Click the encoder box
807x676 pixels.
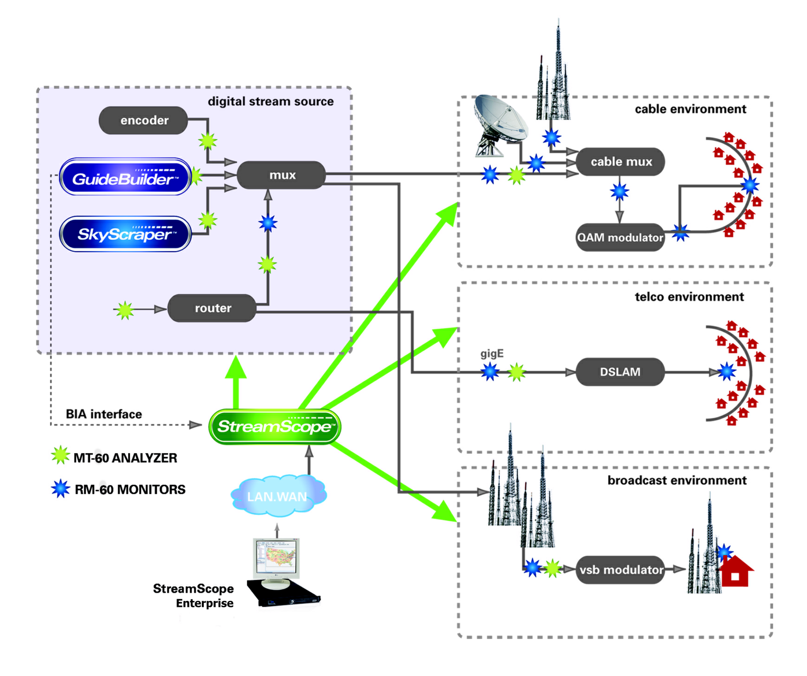pyautogui.click(x=143, y=120)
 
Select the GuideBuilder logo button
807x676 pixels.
pyautogui.click(x=125, y=177)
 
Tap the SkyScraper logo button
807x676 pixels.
pyautogui.click(x=125, y=234)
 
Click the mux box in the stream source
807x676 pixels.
pyautogui.click(x=281, y=175)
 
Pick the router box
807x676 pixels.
pyautogui.click(x=212, y=308)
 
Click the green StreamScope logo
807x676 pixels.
pyautogui.click(x=275, y=427)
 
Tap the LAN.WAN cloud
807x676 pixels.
pyautogui.click(x=277, y=496)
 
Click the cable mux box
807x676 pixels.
pyautogui.click(x=620, y=162)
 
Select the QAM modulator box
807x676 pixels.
pyautogui.click(x=620, y=237)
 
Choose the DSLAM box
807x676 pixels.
pyautogui.click(x=620, y=372)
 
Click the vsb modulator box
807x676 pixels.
pyautogui.click(x=620, y=570)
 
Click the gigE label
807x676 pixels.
pyautogui.click(x=492, y=354)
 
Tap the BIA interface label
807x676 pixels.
pyautogui.click(x=104, y=414)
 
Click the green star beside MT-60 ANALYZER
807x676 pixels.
pyautogui.click(x=61, y=455)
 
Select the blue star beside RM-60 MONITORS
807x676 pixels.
pyautogui.click(x=61, y=488)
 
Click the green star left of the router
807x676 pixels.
pyautogui.click(x=125, y=310)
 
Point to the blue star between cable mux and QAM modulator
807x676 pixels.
pyautogui.click(x=619, y=192)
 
